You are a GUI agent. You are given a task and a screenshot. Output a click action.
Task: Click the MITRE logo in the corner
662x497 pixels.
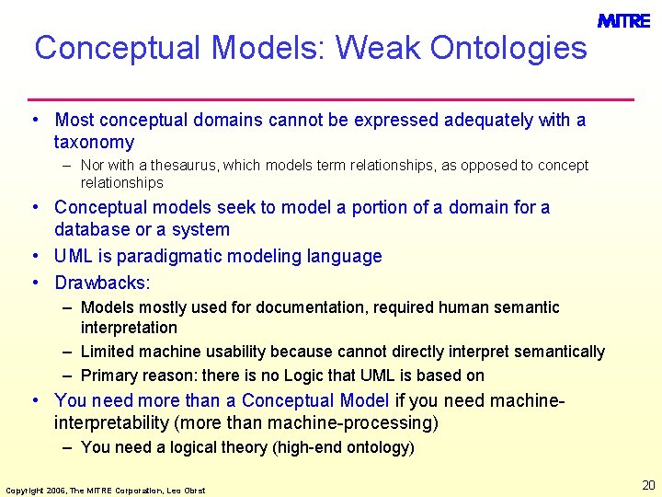pyautogui.click(x=623, y=20)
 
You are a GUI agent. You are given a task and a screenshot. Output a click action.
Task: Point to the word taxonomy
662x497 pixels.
pyautogui.click(x=94, y=143)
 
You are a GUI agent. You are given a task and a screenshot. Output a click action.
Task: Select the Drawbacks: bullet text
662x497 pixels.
pyautogui.click(x=102, y=283)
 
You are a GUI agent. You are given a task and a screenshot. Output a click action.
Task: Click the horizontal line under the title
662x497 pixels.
pyautogui.click(x=331, y=98)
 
